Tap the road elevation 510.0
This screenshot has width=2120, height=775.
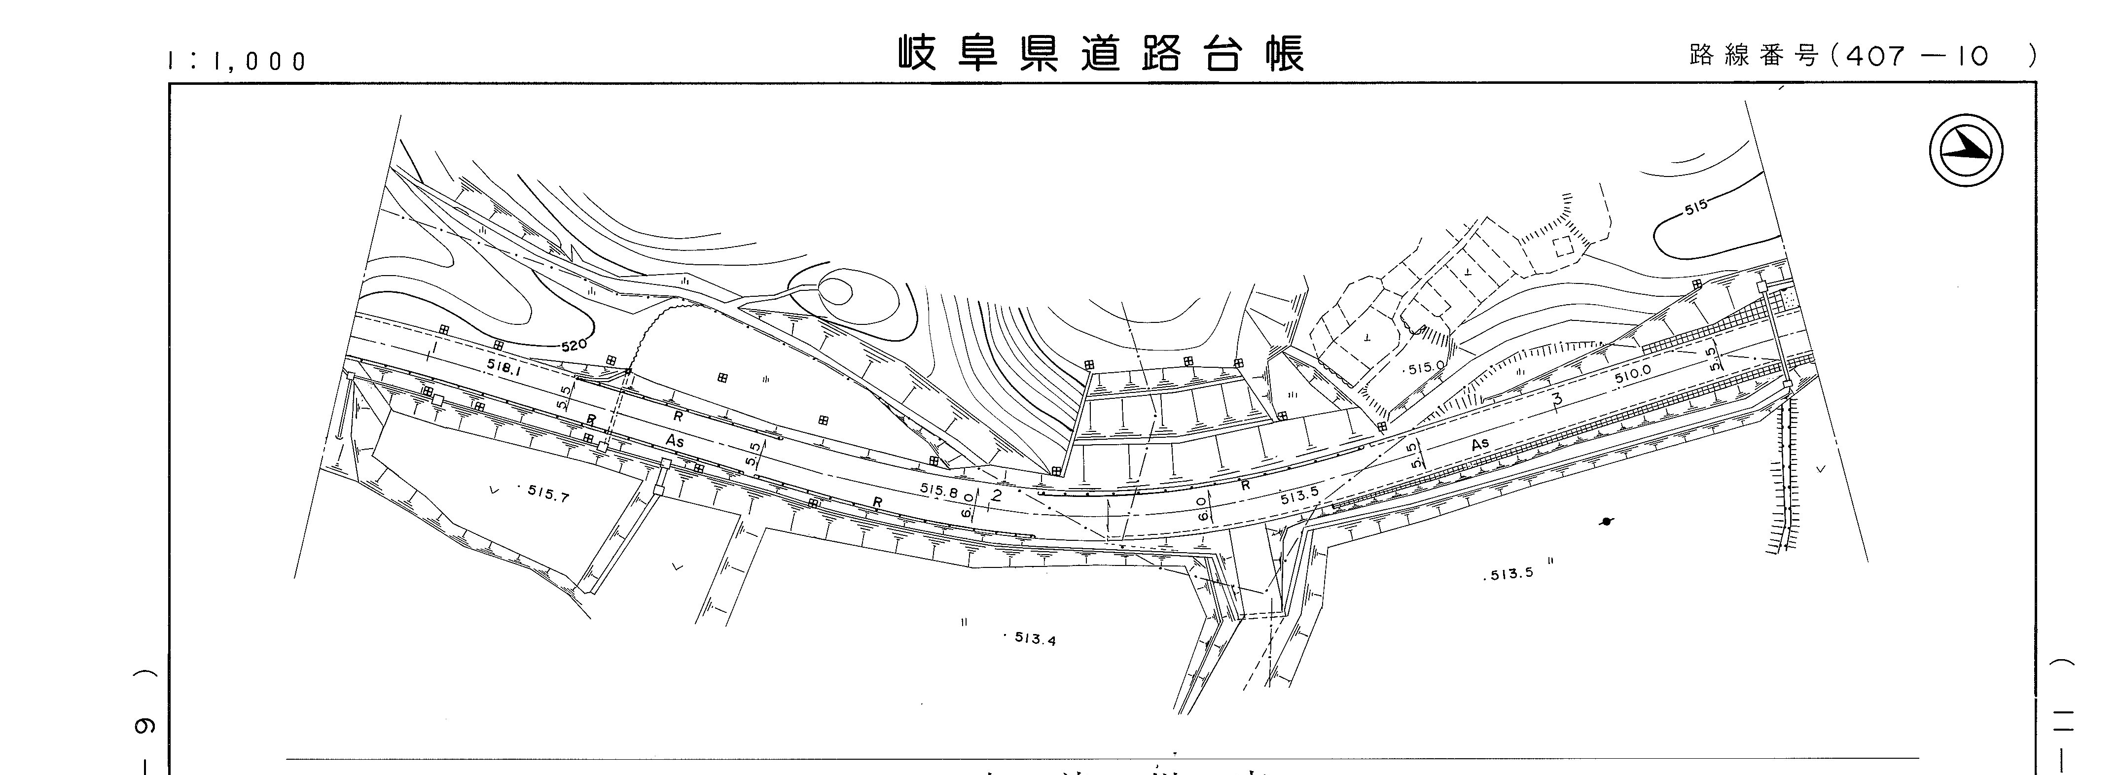tap(1633, 374)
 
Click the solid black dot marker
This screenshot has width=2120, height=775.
tap(1607, 521)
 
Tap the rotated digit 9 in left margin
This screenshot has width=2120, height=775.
tap(145, 726)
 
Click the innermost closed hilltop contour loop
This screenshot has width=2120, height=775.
tap(836, 291)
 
